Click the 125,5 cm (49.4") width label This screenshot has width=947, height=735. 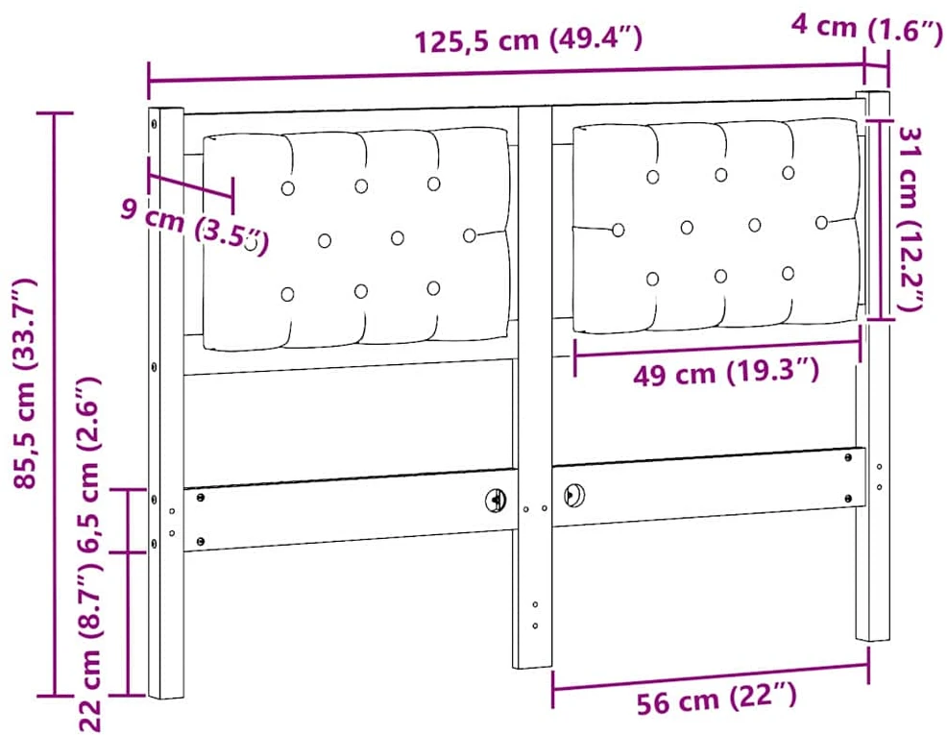pyautogui.click(x=528, y=40)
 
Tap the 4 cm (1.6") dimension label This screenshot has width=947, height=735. pyautogui.click(x=866, y=28)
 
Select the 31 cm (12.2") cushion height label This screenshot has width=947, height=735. pyautogui.click(x=911, y=219)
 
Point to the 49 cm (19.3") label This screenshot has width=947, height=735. pyautogui.click(x=726, y=373)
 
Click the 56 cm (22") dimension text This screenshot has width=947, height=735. pyautogui.click(x=716, y=698)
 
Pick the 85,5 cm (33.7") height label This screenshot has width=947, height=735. pyautogui.click(x=25, y=383)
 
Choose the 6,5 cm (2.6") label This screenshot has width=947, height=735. pyautogui.click(x=88, y=464)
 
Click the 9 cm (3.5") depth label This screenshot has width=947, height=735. pyautogui.click(x=194, y=225)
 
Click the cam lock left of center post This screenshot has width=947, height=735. pyautogui.click(x=496, y=500)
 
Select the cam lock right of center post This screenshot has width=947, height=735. pyautogui.click(x=573, y=495)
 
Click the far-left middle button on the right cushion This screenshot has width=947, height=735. pyautogui.click(x=618, y=230)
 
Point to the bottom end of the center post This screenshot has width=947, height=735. pyautogui.click(x=532, y=667)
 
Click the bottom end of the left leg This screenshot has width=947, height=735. pyautogui.click(x=166, y=697)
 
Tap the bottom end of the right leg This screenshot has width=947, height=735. pyautogui.click(x=872, y=638)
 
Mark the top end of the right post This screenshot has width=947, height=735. pyautogui.click(x=873, y=93)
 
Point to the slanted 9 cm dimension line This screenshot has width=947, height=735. pyautogui.click(x=190, y=186)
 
